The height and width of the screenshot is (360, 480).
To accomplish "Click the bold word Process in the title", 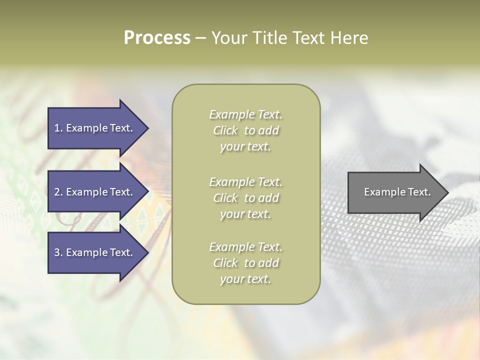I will (157, 38).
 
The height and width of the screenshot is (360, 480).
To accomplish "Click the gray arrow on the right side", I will (395, 192).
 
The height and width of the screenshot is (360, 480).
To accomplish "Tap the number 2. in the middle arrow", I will (58, 192).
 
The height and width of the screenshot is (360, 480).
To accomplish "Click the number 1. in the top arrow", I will (58, 128).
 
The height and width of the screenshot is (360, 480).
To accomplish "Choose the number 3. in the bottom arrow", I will (58, 252).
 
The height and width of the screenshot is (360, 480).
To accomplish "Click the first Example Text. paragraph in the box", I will (245, 130).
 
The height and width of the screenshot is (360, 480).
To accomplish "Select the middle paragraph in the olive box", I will (245, 198).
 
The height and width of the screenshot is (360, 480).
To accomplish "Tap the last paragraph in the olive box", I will (245, 263).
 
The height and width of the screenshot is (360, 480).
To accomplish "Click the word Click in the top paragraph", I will (225, 130).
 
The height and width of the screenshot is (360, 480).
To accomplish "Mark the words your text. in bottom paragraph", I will (245, 279).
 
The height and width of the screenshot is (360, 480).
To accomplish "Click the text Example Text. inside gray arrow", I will (397, 192).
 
